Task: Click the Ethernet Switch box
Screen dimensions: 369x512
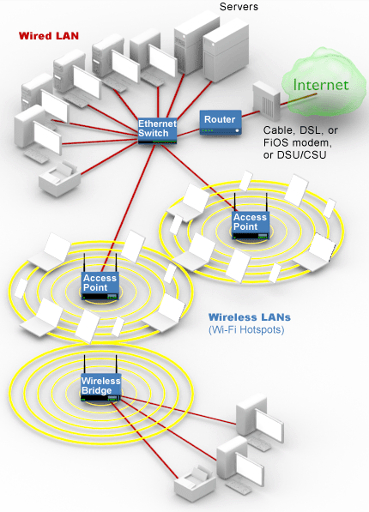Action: pyautogui.click(x=157, y=130)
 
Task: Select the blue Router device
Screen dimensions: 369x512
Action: pyautogui.click(x=221, y=123)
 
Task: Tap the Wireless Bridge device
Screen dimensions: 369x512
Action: pyautogui.click(x=101, y=387)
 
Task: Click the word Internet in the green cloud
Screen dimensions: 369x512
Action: pyautogui.click(x=321, y=85)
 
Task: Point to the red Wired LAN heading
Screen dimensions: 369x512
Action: pyautogui.click(x=49, y=36)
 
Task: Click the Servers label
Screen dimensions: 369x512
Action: pyautogui.click(x=239, y=7)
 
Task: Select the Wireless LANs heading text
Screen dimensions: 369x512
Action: pyautogui.click(x=250, y=317)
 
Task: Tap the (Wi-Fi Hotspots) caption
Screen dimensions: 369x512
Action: pyautogui.click(x=246, y=330)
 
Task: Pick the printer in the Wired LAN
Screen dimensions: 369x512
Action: pyautogui.click(x=60, y=179)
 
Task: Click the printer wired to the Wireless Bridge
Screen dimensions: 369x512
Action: pyautogui.click(x=195, y=485)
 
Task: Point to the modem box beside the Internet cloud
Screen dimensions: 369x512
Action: pyautogui.click(x=266, y=101)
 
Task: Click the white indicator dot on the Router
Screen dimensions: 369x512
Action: pyautogui.click(x=238, y=130)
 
